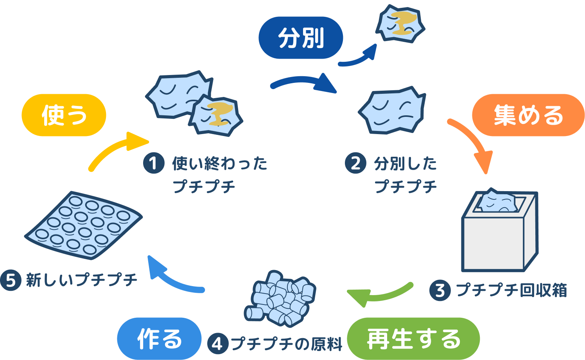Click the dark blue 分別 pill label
point(301,38)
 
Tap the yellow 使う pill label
point(64,115)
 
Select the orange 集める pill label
point(528,115)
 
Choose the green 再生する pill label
point(413,339)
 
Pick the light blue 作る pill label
point(159,339)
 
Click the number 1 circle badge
point(154,163)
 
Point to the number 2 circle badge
point(355,163)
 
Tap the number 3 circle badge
point(440,291)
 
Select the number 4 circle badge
point(217,344)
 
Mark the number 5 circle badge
point(11,280)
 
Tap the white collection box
point(499,238)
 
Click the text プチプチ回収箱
point(511,291)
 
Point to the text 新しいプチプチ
point(81,280)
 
